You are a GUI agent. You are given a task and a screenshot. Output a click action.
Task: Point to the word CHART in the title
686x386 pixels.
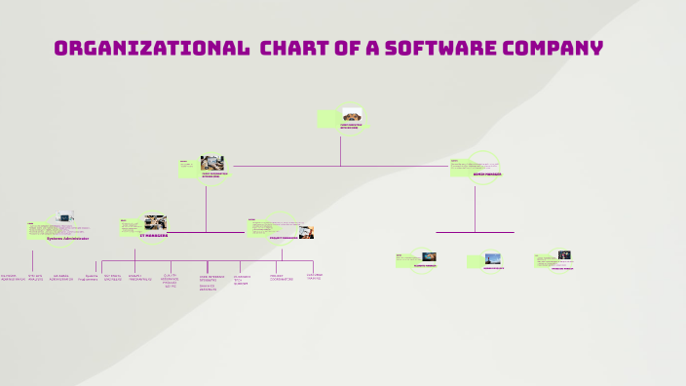pyautogui.click(x=301, y=49)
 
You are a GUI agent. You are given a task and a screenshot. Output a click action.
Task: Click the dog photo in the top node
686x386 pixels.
pyautogui.click(x=352, y=115)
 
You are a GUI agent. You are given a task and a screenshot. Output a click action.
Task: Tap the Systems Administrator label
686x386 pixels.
pyautogui.click(x=67, y=238)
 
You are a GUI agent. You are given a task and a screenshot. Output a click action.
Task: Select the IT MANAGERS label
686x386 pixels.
pyautogui.click(x=154, y=235)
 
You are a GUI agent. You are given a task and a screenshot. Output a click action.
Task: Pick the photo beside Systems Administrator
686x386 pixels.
pyautogui.click(x=64, y=219)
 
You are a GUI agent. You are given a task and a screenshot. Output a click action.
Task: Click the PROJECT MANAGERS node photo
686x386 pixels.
pyautogui.click(x=306, y=232)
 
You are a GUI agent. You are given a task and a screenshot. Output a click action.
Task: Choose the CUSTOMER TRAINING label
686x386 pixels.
pyautogui.click(x=314, y=277)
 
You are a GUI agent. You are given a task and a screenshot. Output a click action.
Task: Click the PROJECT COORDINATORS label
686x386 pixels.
pyautogui.click(x=282, y=278)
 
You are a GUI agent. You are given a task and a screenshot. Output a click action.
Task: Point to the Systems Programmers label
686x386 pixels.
pyautogui.click(x=90, y=278)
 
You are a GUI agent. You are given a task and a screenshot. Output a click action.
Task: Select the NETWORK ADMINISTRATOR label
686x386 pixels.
pyautogui.click(x=13, y=278)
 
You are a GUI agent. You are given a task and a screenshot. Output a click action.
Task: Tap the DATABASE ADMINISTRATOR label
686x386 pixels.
pyautogui.click(x=61, y=278)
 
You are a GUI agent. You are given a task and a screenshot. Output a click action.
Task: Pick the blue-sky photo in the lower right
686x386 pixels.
pyautogui.click(x=493, y=259)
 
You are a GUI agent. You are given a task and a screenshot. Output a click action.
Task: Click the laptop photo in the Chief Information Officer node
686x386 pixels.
pyautogui.click(x=211, y=163)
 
